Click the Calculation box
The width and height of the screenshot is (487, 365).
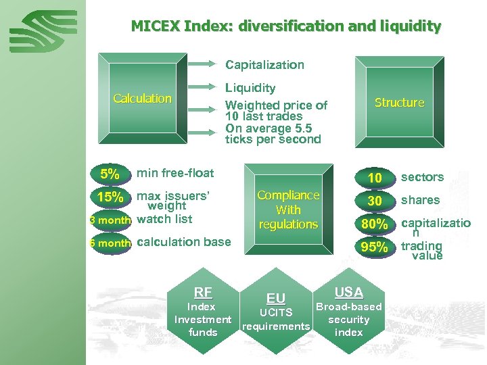coord(142,99)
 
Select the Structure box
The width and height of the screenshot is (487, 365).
coord(399,103)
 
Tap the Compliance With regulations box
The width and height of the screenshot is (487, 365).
coord(288,210)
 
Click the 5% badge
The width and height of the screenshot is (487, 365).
coord(110,174)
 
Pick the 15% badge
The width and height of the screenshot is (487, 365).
coord(110,197)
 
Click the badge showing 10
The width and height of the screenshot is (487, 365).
coord(374,178)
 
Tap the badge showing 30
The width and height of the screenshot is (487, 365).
coord(374,201)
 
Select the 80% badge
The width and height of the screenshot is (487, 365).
coord(374,224)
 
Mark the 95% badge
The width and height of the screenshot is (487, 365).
coord(374,247)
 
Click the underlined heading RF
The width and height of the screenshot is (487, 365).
coord(203,293)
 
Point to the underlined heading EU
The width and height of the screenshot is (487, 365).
coord(276,298)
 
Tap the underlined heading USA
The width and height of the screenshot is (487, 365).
coord(349,292)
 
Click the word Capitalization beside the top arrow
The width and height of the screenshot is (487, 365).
coord(264,65)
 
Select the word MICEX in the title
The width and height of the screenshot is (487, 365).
coord(156,26)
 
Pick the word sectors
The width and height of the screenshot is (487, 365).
coord(422,177)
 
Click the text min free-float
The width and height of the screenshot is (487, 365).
coord(175,173)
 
